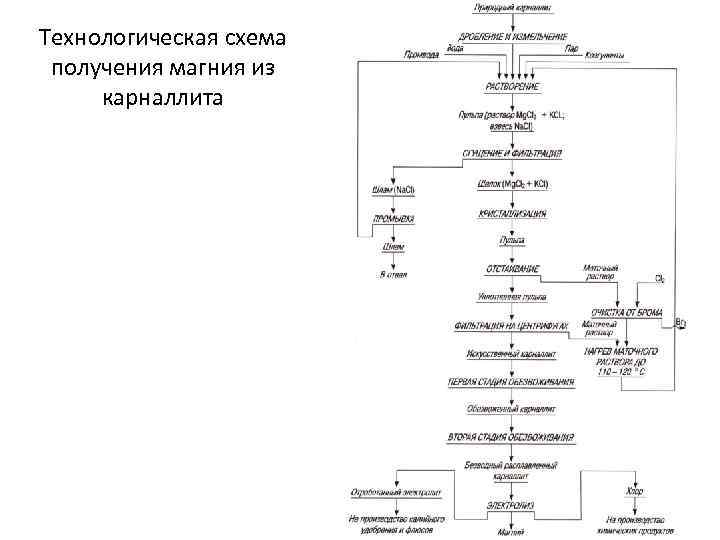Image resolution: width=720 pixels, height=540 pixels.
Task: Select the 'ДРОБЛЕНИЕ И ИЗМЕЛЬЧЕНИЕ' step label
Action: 511,36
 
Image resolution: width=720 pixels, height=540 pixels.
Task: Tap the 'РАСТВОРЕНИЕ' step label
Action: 511,86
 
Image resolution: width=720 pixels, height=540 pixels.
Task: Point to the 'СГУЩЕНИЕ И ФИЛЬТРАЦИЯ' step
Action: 511,154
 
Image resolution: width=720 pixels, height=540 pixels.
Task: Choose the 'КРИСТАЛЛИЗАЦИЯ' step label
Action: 511,213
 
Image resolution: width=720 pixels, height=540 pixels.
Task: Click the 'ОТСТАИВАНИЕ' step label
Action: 512,269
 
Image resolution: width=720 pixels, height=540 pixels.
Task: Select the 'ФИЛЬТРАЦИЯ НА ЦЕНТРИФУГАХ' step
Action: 511,325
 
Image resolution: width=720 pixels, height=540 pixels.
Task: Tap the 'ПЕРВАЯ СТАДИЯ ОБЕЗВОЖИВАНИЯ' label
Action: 511,381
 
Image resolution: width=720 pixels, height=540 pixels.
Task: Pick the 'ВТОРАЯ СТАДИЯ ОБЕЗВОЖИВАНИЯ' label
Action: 511,437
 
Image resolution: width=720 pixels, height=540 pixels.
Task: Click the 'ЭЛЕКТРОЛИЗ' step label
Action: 511,505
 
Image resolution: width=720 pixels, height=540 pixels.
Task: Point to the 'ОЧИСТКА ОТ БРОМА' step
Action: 627,313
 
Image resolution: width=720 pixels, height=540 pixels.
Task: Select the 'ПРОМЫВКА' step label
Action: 394,218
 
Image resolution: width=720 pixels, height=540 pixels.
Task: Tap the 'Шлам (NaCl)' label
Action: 393,190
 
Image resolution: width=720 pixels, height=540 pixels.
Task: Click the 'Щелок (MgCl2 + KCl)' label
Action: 511,184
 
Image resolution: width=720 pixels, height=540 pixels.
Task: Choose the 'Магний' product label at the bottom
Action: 511,531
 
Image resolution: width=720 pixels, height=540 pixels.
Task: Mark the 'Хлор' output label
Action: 635,491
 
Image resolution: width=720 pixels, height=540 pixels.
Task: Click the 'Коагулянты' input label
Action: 605,55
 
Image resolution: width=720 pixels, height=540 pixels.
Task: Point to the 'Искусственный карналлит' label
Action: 511,354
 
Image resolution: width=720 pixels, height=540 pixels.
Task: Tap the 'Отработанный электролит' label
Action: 396,492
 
